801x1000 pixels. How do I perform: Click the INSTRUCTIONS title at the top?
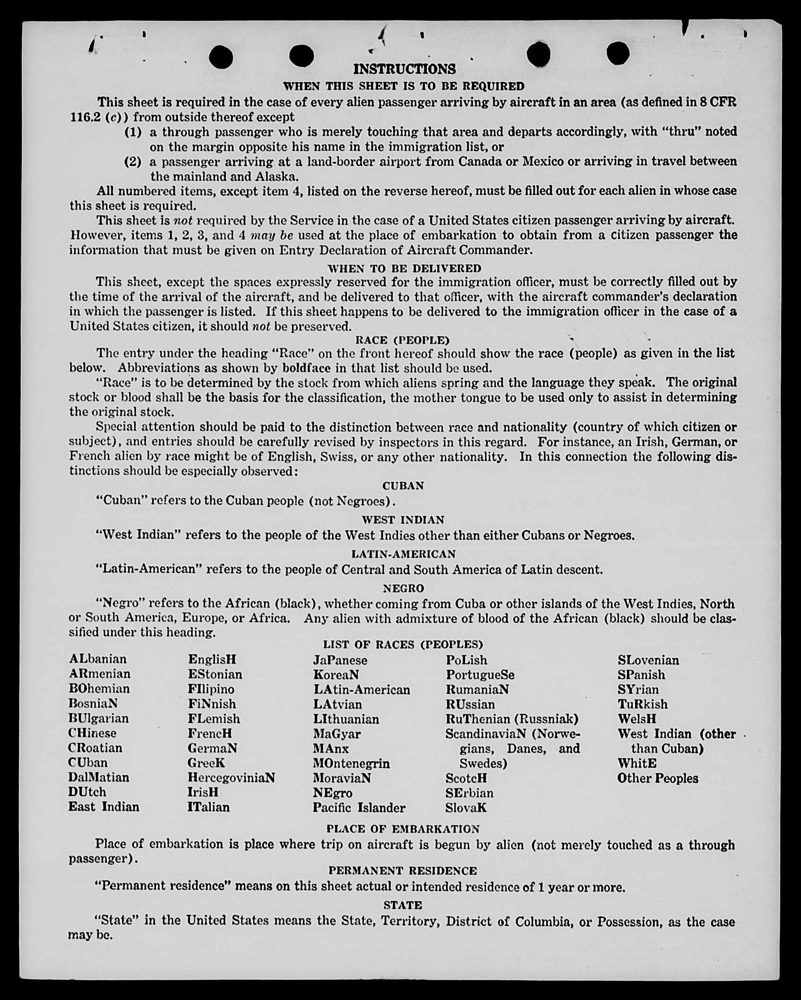click(x=405, y=69)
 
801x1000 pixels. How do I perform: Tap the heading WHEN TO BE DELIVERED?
click(x=405, y=268)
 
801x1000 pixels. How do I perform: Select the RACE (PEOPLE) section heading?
click(x=402, y=340)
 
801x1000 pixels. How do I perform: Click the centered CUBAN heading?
click(x=403, y=486)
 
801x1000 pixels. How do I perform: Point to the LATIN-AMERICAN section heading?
click(x=403, y=554)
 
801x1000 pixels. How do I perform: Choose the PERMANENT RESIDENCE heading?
click(x=403, y=871)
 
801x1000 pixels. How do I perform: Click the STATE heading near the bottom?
click(x=403, y=905)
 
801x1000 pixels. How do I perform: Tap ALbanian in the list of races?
click(x=98, y=659)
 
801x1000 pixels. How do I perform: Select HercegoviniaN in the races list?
click(x=231, y=778)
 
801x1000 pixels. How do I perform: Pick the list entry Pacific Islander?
click(x=359, y=808)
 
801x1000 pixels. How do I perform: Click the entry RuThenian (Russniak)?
click(x=512, y=719)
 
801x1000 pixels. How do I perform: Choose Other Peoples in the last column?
click(x=657, y=778)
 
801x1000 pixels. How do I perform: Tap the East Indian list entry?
click(x=103, y=807)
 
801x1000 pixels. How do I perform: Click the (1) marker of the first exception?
click(x=133, y=132)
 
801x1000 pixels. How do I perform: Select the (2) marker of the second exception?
click(x=133, y=162)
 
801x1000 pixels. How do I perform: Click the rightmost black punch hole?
click(x=618, y=53)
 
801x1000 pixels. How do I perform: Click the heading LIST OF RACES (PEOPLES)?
click(x=403, y=644)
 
